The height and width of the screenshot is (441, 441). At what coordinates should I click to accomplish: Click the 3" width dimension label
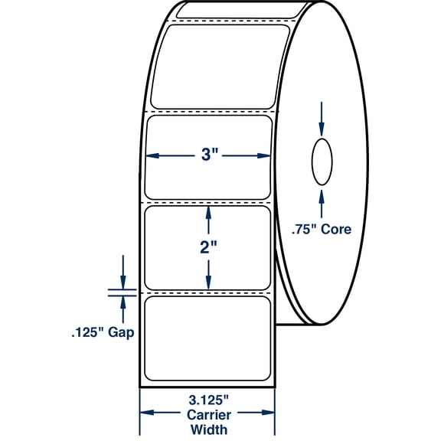[x=208, y=156]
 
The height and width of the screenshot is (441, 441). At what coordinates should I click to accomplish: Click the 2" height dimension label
[x=208, y=249]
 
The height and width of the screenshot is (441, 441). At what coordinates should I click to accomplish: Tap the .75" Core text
[x=322, y=229]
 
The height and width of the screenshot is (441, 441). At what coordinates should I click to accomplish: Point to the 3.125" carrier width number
[x=207, y=399]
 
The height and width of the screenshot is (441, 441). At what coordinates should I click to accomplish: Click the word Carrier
[x=207, y=413]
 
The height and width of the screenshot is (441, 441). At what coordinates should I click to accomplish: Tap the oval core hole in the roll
[x=322, y=161]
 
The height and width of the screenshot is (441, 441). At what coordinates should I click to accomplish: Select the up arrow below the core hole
[x=322, y=194]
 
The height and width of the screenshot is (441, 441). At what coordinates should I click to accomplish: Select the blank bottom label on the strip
[x=207, y=336]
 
